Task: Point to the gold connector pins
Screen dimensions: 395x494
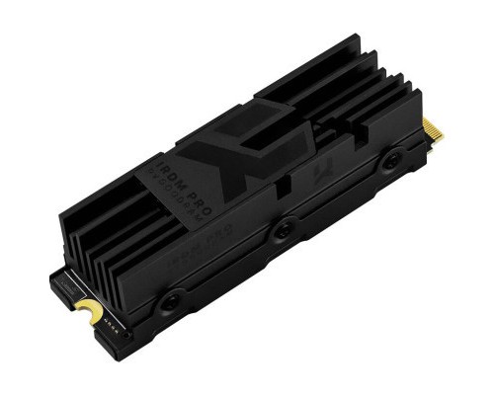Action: tap(433, 129)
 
